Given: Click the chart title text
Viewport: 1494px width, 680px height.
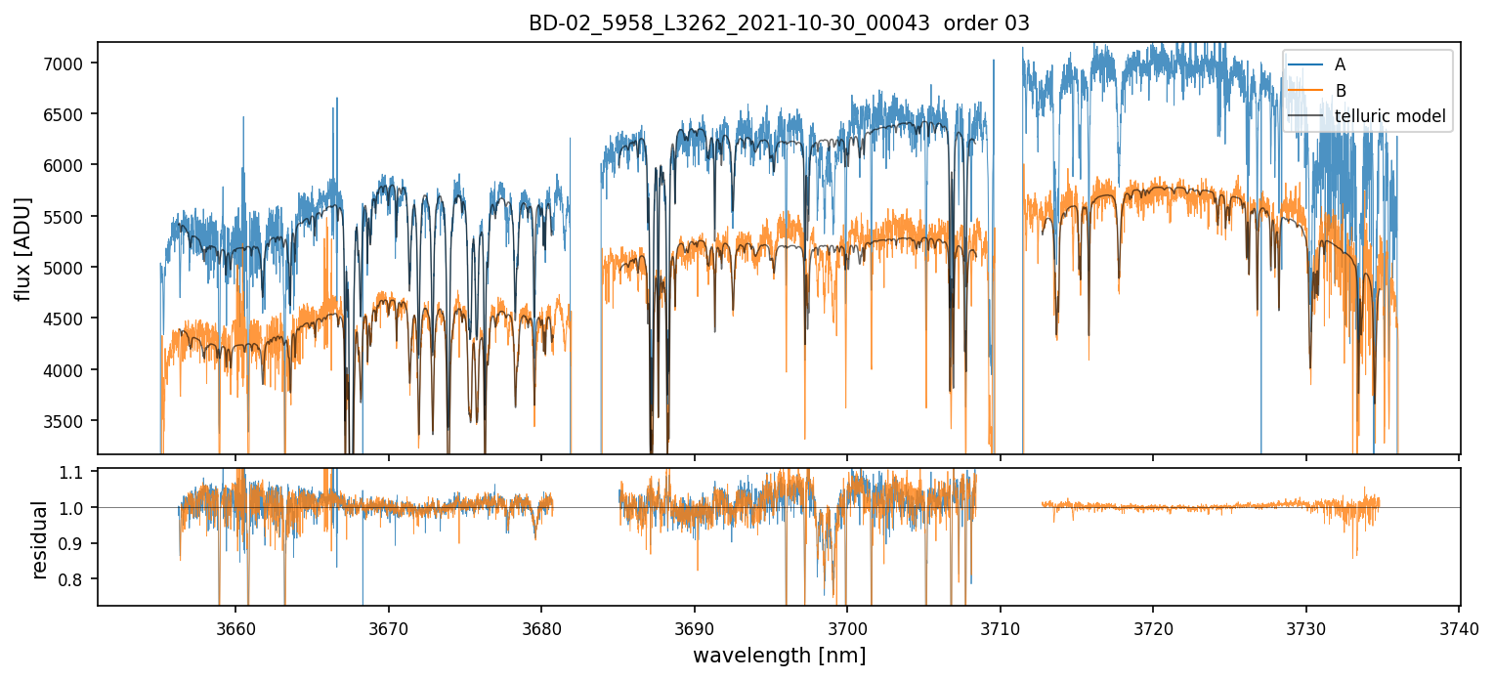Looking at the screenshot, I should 779,23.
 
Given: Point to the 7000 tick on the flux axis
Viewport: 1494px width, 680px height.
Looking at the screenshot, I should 71,63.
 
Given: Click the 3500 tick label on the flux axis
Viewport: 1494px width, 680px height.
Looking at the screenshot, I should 71,421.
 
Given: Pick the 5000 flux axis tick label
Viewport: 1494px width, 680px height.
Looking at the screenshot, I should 71,268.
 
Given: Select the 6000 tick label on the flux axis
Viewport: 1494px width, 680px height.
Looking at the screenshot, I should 71,165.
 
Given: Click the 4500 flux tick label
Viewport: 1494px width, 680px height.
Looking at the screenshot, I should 71,319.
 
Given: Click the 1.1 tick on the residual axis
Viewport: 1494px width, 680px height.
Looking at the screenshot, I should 77,472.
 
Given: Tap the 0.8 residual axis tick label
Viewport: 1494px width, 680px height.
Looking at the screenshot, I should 77,579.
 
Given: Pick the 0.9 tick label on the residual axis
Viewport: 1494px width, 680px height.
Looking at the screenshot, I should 77,543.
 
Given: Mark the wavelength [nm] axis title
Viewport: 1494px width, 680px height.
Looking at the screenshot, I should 779,656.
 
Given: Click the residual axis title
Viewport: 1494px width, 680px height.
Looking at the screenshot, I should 39,539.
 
